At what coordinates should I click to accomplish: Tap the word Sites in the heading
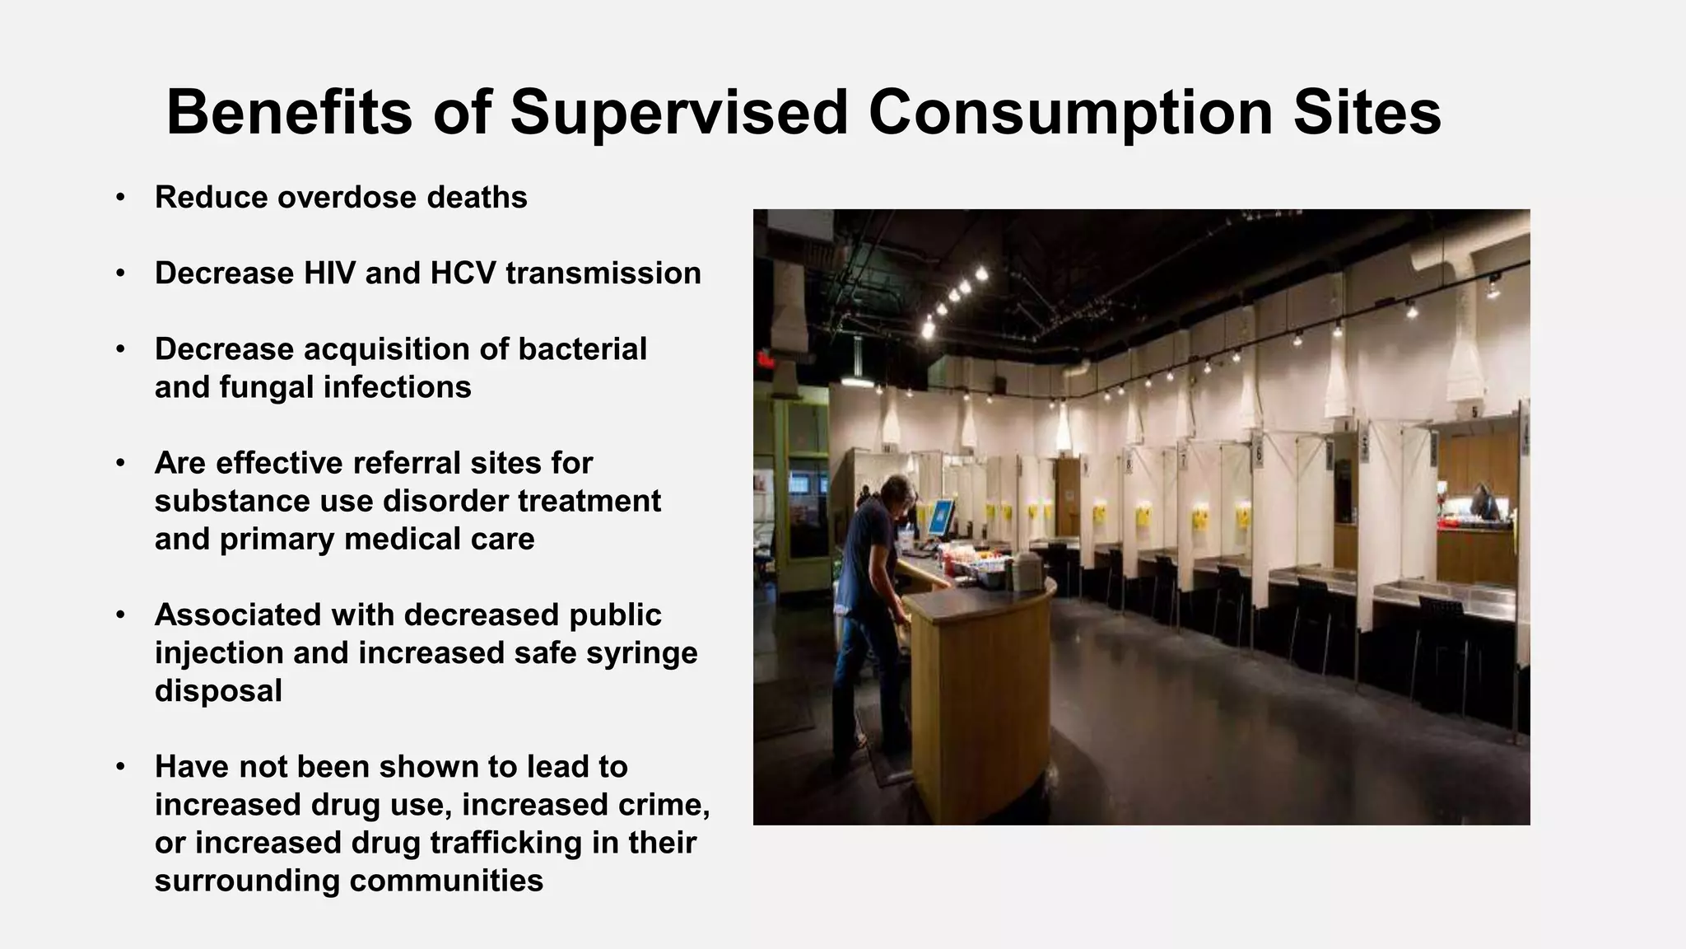pyautogui.click(x=1367, y=112)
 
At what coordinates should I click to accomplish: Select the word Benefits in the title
pyautogui.click(x=289, y=112)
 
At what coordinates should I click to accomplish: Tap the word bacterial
pyautogui.click(x=582, y=349)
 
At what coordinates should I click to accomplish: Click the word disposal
pyautogui.click(x=218, y=691)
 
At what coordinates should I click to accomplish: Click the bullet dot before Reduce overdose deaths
pyautogui.click(x=120, y=198)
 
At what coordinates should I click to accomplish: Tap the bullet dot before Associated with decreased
pyautogui.click(x=120, y=615)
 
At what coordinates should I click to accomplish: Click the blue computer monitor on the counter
pyautogui.click(x=940, y=517)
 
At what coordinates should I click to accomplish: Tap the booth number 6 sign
pyautogui.click(x=1257, y=455)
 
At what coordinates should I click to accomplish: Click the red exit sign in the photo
pyautogui.click(x=765, y=359)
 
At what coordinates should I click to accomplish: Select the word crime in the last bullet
pyautogui.click(x=659, y=805)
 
